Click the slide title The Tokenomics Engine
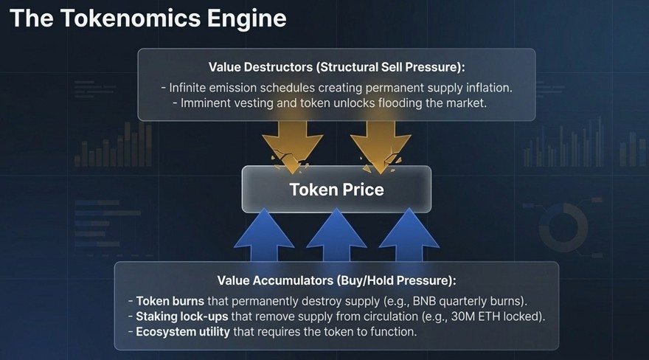pos(147,18)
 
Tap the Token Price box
pos(336,190)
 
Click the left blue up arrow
pos(264,235)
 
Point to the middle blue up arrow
pos(336,235)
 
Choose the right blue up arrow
pos(409,235)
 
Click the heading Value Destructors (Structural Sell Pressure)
pos(336,67)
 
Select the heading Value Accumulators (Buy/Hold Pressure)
pos(336,280)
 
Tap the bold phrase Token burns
pos(170,301)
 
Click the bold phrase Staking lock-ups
pos(182,316)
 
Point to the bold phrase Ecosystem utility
pos(183,332)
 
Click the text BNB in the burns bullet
pos(424,301)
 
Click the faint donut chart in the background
pos(563,228)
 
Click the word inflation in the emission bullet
pos(489,88)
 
